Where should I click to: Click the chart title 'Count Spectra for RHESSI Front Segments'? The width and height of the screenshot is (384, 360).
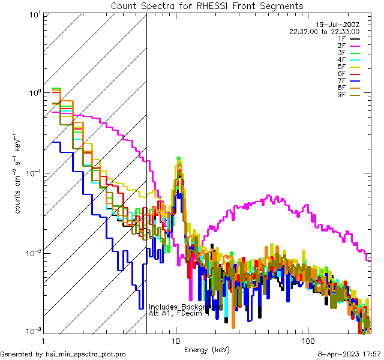tap(207, 6)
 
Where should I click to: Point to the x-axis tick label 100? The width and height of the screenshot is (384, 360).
tap(307, 341)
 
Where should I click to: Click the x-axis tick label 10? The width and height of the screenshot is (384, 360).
tap(176, 341)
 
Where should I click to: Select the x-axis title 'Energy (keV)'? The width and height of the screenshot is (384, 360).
tap(206, 350)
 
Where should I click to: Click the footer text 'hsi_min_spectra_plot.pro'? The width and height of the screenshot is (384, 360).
tap(86, 355)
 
